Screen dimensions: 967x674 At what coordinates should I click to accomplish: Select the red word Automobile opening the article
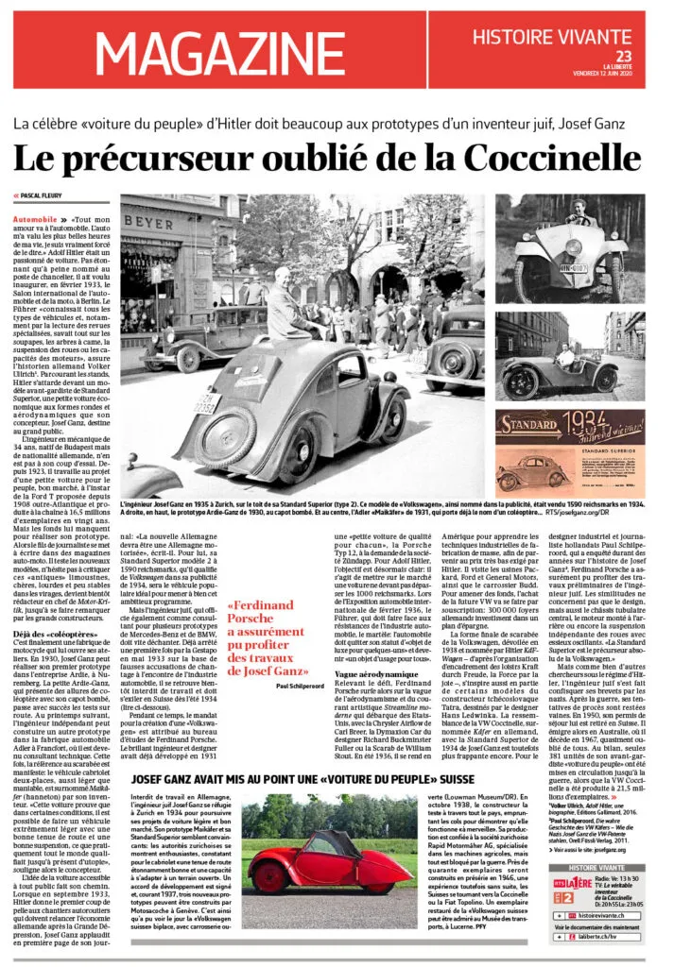tap(31, 218)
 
